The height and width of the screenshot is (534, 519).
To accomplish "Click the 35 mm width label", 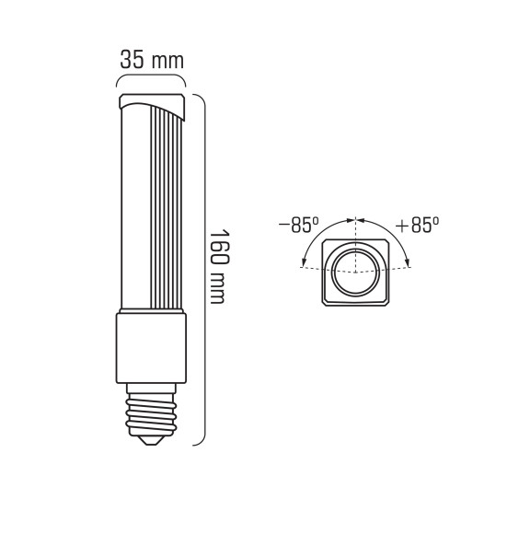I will point(152,61).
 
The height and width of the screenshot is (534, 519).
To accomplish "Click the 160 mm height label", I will point(219,267).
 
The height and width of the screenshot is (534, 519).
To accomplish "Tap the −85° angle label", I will point(298,225).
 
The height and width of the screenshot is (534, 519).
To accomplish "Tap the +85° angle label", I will point(417,225).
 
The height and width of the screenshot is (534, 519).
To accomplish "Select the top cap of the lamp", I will point(152,105).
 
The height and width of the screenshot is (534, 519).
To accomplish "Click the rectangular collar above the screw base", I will point(151,348).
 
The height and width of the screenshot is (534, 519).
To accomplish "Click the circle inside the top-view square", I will point(354,272).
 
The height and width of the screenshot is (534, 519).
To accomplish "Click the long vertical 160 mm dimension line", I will point(202,276).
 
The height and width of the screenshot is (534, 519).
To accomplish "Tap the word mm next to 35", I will point(167,62).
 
